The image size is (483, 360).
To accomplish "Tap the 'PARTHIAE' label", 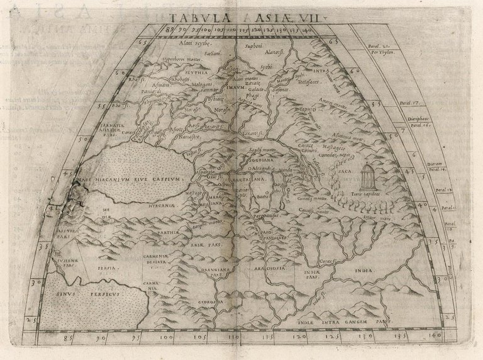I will tap(182, 235).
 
